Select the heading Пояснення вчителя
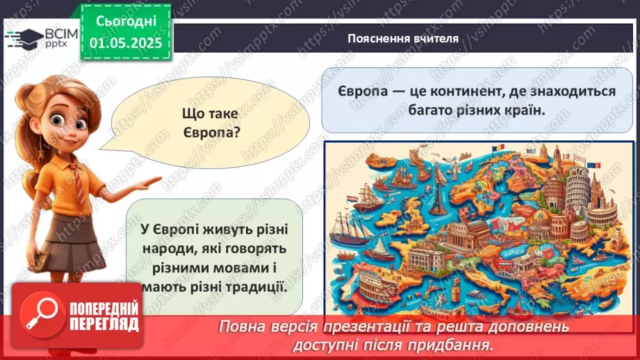pyautogui.click(x=403, y=38)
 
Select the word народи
pyautogui.click(x=163, y=249)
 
